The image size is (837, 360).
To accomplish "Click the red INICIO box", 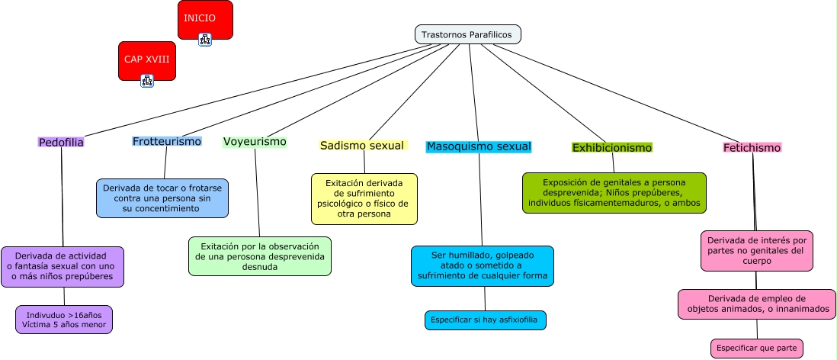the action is pyautogui.click(x=205, y=20).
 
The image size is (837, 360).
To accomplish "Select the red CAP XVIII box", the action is pyautogui.click(x=147, y=61).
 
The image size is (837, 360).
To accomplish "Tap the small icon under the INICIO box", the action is pyautogui.click(x=205, y=40).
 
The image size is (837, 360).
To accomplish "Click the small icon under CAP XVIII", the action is pyautogui.click(x=147, y=81).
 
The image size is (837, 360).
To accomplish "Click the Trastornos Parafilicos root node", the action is pyautogui.click(x=467, y=35).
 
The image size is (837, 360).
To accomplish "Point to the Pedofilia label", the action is pyautogui.click(x=61, y=142).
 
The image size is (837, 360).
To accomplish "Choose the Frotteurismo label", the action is pyautogui.click(x=166, y=142).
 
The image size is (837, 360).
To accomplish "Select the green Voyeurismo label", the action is pyautogui.click(x=255, y=142).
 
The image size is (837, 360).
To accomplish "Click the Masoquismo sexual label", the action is pyautogui.click(x=479, y=146).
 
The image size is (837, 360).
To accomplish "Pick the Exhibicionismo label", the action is pyautogui.click(x=611, y=147).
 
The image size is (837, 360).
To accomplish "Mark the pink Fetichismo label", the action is pyautogui.click(x=752, y=147).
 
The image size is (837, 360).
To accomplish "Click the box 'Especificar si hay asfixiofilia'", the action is pyautogui.click(x=486, y=320).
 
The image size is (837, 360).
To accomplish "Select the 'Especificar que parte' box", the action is pyautogui.click(x=756, y=349).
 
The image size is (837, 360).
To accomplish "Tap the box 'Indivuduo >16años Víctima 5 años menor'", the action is pyautogui.click(x=64, y=320).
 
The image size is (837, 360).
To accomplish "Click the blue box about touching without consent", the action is pyautogui.click(x=162, y=198).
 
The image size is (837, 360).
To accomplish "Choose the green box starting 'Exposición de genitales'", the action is pyautogui.click(x=614, y=193).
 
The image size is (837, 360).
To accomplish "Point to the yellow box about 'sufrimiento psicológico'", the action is pyautogui.click(x=364, y=199).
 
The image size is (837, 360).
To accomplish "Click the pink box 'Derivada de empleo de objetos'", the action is pyautogui.click(x=757, y=304).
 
